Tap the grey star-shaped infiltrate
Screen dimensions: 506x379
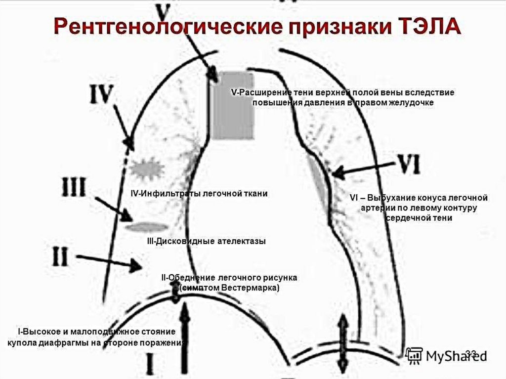pos(148,169)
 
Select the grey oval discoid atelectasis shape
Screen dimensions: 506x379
pos(147,227)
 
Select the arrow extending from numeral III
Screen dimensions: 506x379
pos(113,208)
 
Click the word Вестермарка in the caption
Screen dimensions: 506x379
pos(250,287)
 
